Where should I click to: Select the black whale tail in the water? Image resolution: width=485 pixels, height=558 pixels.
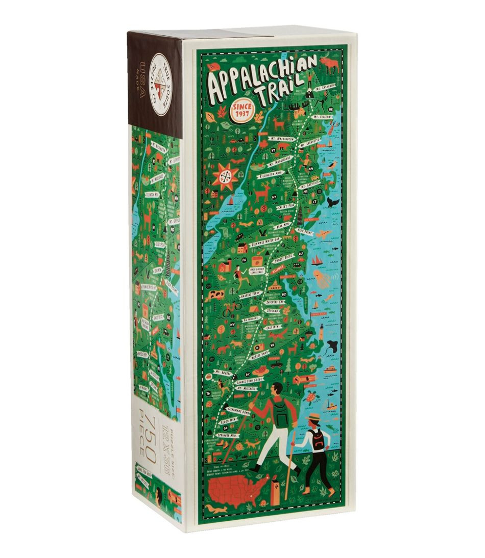[332, 202]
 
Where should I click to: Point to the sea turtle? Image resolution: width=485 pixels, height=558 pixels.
[311, 396]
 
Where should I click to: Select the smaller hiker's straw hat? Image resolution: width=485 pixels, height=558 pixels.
[313, 417]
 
